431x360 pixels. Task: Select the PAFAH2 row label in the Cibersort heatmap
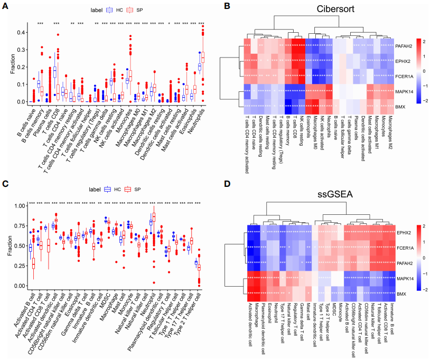pyautogui.click(x=404, y=46)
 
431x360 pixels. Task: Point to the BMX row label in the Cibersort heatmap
pyautogui.click(x=400, y=107)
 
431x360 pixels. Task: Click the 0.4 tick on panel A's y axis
pyautogui.click(x=20, y=32)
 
